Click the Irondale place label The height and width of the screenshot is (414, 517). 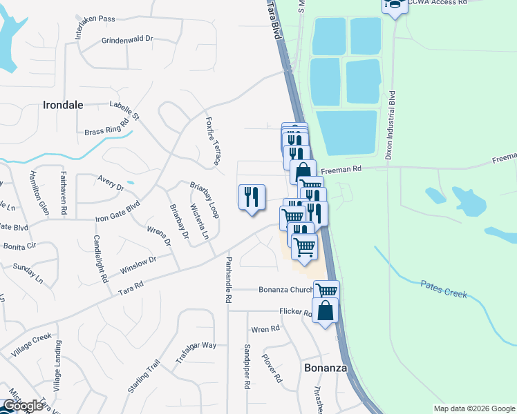point(63,106)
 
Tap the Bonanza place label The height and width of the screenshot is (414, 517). point(325,368)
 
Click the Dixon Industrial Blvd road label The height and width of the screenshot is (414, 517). point(391,125)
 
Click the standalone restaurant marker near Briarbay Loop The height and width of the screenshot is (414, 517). point(252,198)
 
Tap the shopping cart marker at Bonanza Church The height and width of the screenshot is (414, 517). point(326,290)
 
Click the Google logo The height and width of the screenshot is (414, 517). point(23,406)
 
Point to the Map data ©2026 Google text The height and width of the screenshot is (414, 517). point(473,408)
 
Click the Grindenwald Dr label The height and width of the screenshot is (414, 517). point(126,39)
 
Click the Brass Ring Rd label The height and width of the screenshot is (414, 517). point(107,128)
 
